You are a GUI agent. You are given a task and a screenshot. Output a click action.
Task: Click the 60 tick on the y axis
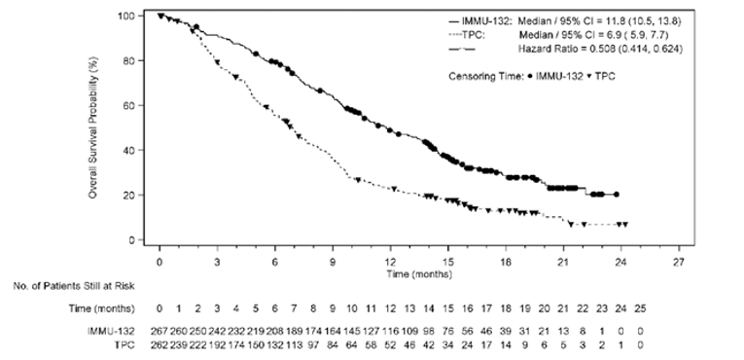[x=140, y=105]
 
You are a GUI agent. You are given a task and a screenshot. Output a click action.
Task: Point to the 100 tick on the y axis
[x=140, y=16]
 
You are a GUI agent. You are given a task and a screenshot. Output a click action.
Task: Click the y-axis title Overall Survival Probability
[x=93, y=129]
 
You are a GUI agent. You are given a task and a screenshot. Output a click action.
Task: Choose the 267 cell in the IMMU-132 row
[x=159, y=332]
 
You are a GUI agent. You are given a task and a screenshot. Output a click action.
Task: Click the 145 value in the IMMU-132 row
[x=351, y=332]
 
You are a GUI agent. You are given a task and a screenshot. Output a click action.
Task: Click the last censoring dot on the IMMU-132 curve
[x=616, y=195]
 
